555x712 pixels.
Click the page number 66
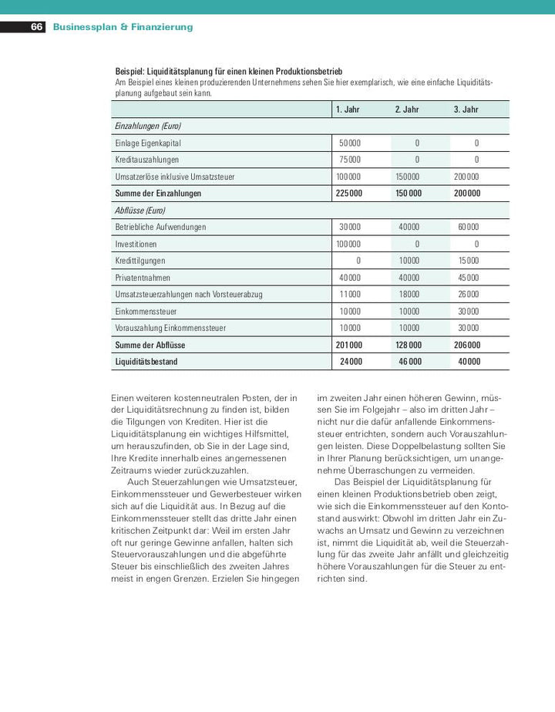tap(36, 27)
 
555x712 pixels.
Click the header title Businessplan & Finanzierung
tap(123, 27)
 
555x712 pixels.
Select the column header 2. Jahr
tap(407, 110)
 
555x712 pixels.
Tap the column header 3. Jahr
tap(466, 110)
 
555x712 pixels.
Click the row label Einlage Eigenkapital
tap(148, 143)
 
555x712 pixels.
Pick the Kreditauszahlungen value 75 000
tap(349, 160)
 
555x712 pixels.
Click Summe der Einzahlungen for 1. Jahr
tap(349, 194)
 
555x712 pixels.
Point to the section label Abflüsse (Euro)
tap(140, 210)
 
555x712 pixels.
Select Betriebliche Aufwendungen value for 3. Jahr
tap(468, 228)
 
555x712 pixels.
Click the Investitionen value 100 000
tap(348, 245)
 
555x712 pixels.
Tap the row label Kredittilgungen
tap(140, 261)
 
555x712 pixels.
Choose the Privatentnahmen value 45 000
tap(468, 278)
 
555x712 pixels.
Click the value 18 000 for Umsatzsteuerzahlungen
tap(409, 295)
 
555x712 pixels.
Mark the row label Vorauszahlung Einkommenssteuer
tap(170, 329)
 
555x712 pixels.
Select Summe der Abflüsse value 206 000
tap(467, 346)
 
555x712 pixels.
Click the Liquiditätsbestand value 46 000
tap(409, 362)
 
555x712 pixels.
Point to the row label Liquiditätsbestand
tap(146, 362)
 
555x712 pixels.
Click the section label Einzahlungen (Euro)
tap(147, 126)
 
